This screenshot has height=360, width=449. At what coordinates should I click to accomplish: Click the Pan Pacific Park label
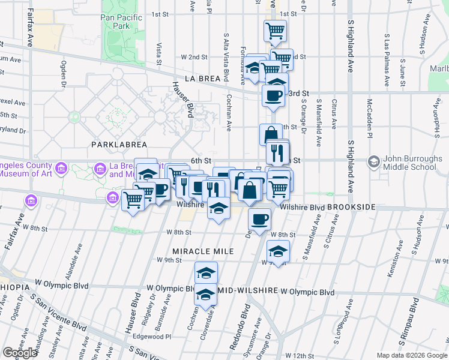pyautogui.click(x=122, y=22)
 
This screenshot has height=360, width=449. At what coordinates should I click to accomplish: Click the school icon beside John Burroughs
pyautogui.click(x=375, y=161)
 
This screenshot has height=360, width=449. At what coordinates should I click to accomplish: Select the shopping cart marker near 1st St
pyautogui.click(x=275, y=31)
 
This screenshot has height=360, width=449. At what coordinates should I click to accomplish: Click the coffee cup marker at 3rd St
pyautogui.click(x=274, y=96)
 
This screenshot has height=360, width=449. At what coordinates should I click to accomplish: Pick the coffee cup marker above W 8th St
pyautogui.click(x=259, y=220)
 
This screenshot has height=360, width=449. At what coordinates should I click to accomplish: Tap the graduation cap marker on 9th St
pyautogui.click(x=278, y=251)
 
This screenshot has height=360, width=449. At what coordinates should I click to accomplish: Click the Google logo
pyautogui.click(x=20, y=353)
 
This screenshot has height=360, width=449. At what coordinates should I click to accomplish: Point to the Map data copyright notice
pyautogui.click(x=412, y=355)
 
